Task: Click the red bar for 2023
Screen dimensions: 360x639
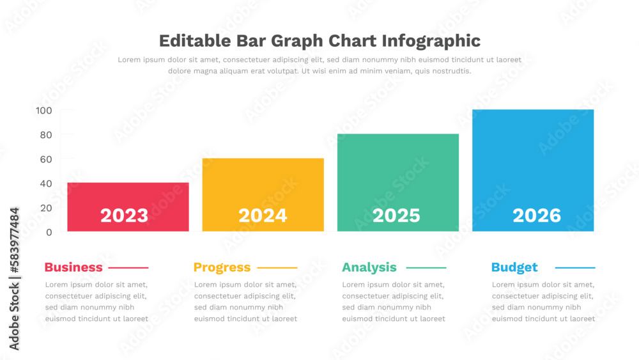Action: click(128, 195)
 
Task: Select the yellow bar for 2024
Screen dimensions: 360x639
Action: click(263, 185)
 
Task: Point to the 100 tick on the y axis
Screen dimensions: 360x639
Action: click(44, 111)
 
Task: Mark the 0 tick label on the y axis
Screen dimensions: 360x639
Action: click(49, 232)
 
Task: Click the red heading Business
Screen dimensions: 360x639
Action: click(73, 267)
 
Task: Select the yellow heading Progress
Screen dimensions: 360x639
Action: click(222, 267)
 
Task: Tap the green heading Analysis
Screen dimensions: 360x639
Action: click(369, 267)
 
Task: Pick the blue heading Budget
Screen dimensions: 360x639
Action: click(514, 267)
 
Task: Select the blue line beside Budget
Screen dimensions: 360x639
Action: click(574, 268)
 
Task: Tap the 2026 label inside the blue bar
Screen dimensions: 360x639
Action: click(536, 215)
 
